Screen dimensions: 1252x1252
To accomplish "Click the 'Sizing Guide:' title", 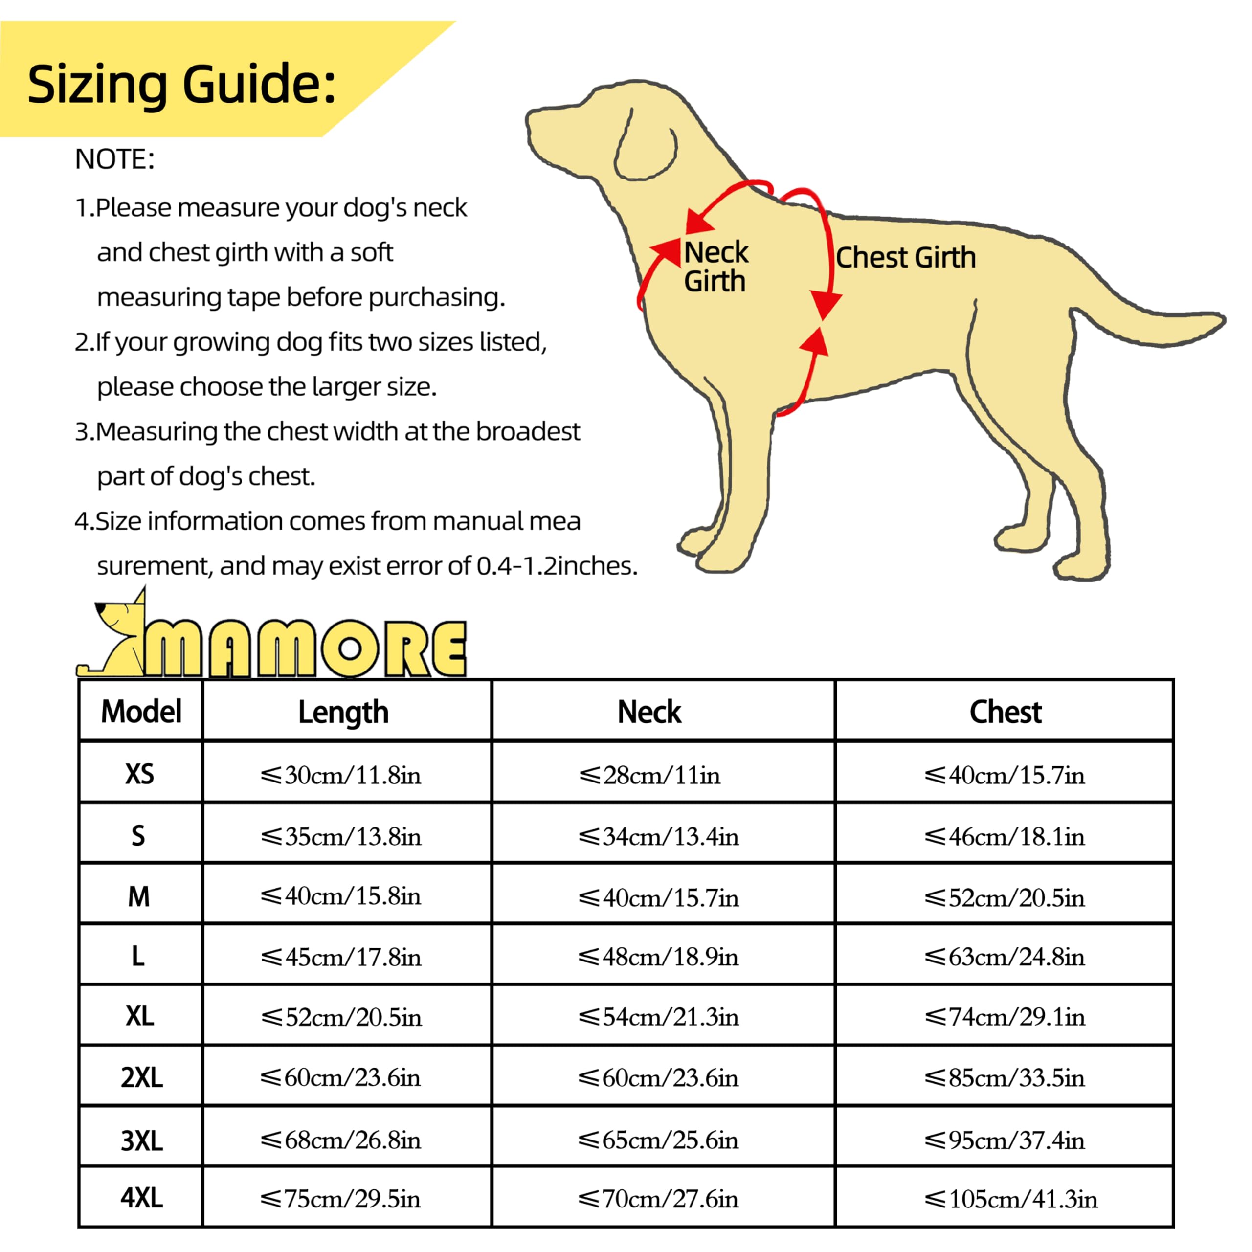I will coord(181,84).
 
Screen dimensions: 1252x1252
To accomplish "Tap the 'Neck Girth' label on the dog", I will coord(715,267).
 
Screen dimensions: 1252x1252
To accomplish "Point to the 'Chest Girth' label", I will coord(905,258).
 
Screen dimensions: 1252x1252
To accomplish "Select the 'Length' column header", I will coord(343,712).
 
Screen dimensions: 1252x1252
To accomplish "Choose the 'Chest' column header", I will coord(1005,712).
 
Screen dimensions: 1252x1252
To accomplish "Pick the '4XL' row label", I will coord(141,1198).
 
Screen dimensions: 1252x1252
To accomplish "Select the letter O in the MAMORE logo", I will coord(350,648).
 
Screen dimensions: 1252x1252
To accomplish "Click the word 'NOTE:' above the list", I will coord(115,159).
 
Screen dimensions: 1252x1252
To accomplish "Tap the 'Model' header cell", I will coord(141,712).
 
